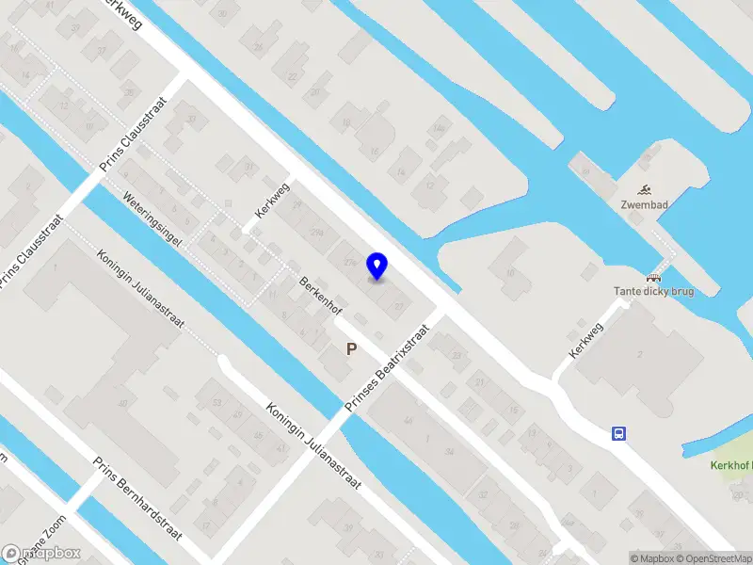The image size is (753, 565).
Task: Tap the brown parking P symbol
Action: tap(351, 349)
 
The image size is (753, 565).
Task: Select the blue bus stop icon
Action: tap(619, 434)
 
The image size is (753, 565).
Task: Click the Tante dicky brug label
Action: tap(653, 292)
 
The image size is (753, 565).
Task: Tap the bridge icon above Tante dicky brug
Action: tap(652, 277)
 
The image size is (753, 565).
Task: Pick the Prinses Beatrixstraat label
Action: tap(386, 368)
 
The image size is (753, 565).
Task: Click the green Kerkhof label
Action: tap(731, 465)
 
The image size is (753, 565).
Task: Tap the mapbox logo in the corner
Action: tap(41, 553)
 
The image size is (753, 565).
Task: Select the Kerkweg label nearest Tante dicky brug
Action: tap(585, 341)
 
